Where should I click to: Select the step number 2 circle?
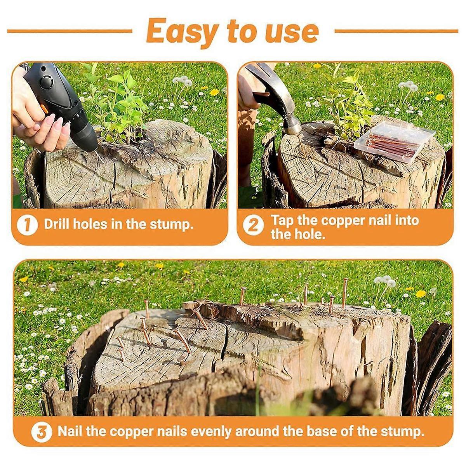(253, 225)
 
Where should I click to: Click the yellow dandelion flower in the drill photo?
(214, 92)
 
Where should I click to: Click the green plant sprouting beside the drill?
(116, 101)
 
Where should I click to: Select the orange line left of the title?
(70, 31)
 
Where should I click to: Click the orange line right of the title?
(396, 31)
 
